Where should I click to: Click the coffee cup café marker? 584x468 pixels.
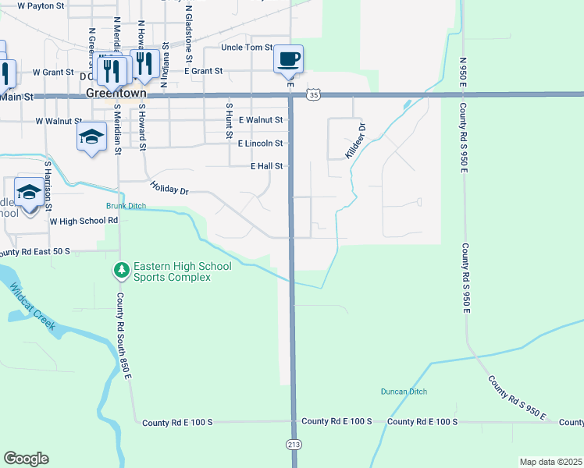pyautogui.click(x=289, y=58)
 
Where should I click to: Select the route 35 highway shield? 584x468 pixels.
pyautogui.click(x=313, y=94)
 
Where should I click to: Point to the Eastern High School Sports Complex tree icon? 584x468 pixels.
pyautogui.click(x=121, y=271)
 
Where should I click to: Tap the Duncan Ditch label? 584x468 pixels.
pyautogui.click(x=404, y=392)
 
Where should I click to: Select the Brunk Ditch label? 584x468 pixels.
pyautogui.click(x=126, y=207)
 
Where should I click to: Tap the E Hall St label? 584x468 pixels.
pyautogui.click(x=266, y=166)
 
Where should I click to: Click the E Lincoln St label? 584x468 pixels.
pyautogui.click(x=260, y=144)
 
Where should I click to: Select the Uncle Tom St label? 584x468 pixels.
pyautogui.click(x=246, y=48)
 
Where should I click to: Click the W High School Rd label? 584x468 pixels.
pyautogui.click(x=84, y=221)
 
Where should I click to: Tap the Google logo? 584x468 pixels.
pyautogui.click(x=26, y=459)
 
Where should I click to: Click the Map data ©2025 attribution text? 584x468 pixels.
pyautogui.click(x=550, y=462)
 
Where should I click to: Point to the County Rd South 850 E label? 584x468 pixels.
pyautogui.click(x=123, y=335)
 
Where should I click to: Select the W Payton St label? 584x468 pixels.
pyautogui.click(x=41, y=5)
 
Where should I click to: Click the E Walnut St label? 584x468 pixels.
pyautogui.click(x=261, y=120)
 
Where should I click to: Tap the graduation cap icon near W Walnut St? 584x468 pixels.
pyautogui.click(x=91, y=137)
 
